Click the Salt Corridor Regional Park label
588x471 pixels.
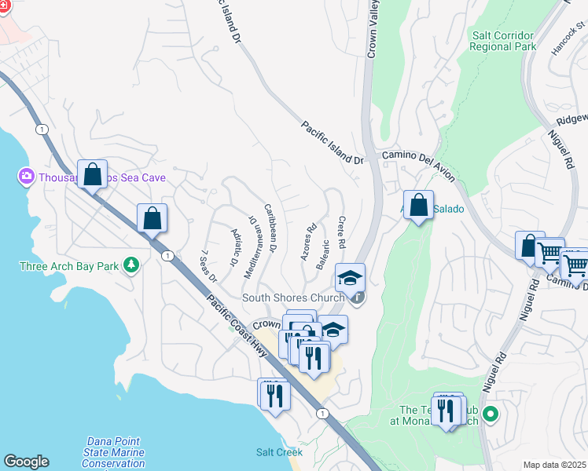(502, 41)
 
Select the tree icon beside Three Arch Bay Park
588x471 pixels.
(132, 265)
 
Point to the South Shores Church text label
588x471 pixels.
(293, 298)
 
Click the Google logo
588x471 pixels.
(26, 462)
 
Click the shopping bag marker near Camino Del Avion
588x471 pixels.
(418, 206)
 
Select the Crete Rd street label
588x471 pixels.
(343, 233)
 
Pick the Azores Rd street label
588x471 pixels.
(307, 244)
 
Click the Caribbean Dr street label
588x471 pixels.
(270, 228)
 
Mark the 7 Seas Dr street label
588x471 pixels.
(209, 265)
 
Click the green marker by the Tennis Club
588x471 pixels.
(492, 413)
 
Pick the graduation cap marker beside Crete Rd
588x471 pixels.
(350, 277)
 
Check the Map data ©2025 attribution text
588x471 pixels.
(554, 465)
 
